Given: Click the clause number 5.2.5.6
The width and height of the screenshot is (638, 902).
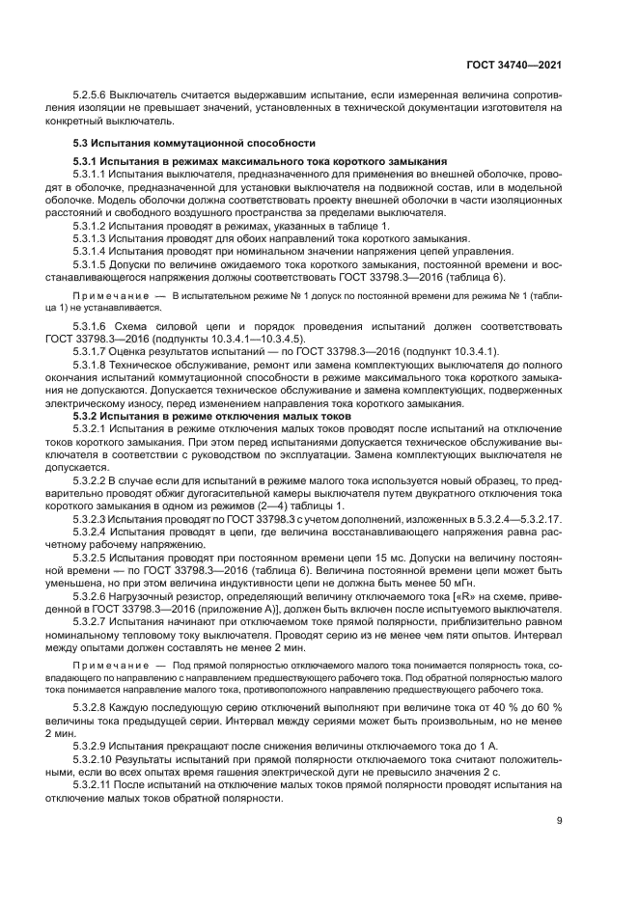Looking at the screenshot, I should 90,96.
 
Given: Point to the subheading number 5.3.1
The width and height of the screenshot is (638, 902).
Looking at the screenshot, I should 87,160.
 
